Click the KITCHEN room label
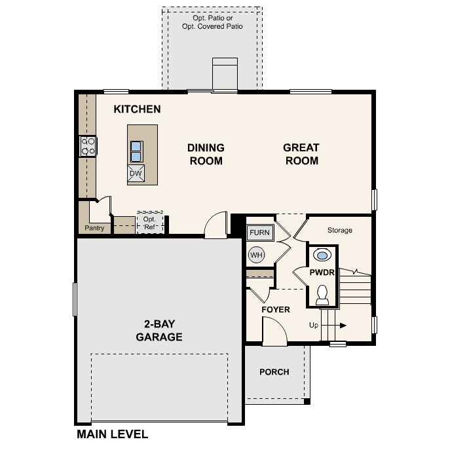click(137, 109)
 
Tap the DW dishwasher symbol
click(137, 173)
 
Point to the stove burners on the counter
click(87, 146)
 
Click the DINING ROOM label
click(206, 154)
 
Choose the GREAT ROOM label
click(301, 154)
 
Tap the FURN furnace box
click(259, 233)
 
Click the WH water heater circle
click(255, 254)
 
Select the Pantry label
click(95, 229)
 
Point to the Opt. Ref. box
click(150, 223)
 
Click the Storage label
click(340, 230)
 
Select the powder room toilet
click(322, 295)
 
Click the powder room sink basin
click(322, 255)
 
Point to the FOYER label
click(275, 309)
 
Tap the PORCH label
click(274, 372)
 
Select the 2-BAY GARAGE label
click(159, 331)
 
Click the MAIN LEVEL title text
click(112, 434)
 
